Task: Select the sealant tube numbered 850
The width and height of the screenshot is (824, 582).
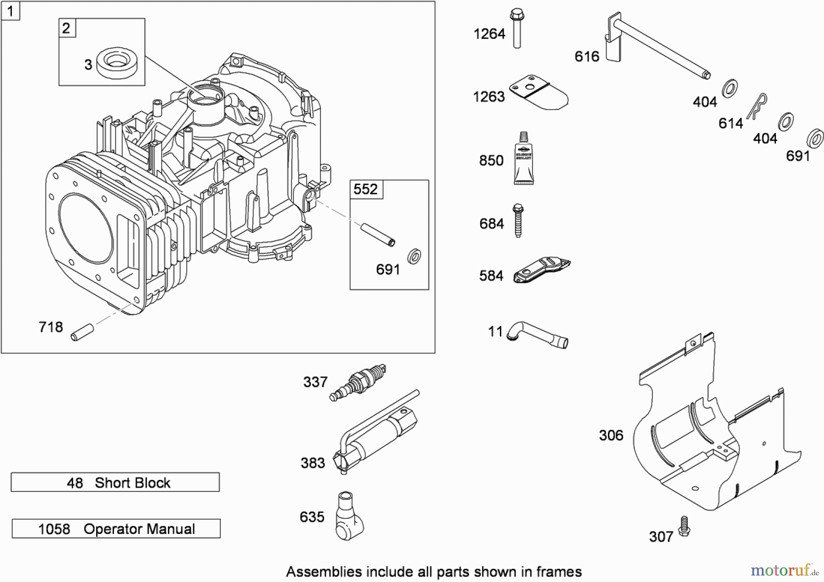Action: coord(523,159)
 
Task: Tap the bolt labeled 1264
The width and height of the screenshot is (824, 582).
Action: coord(517,28)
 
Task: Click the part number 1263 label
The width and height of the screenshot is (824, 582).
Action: coord(488,97)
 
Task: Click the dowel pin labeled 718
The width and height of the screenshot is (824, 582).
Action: coord(82,332)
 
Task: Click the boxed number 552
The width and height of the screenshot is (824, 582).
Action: coord(366,189)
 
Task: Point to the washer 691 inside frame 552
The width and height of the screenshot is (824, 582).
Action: coord(414,256)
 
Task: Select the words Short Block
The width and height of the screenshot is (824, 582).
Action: coord(132,483)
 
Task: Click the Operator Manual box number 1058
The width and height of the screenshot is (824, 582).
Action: coord(54,529)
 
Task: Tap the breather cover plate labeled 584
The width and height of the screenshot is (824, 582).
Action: coord(541,270)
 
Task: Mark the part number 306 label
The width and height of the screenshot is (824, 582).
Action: coord(611,435)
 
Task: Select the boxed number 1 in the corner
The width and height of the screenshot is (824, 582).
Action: coord(10,11)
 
